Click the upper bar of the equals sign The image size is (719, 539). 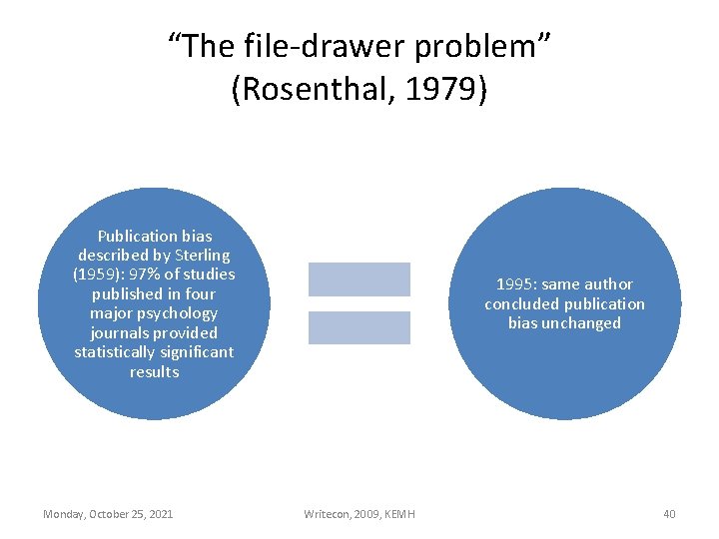pos(359,279)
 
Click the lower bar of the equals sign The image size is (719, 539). pos(359,327)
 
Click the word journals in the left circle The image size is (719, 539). pos(119,332)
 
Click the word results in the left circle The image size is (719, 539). pos(154,371)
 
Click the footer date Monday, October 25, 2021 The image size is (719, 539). pos(108,514)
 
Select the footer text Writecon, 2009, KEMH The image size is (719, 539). pos(359,514)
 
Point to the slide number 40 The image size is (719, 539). pos(669,514)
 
